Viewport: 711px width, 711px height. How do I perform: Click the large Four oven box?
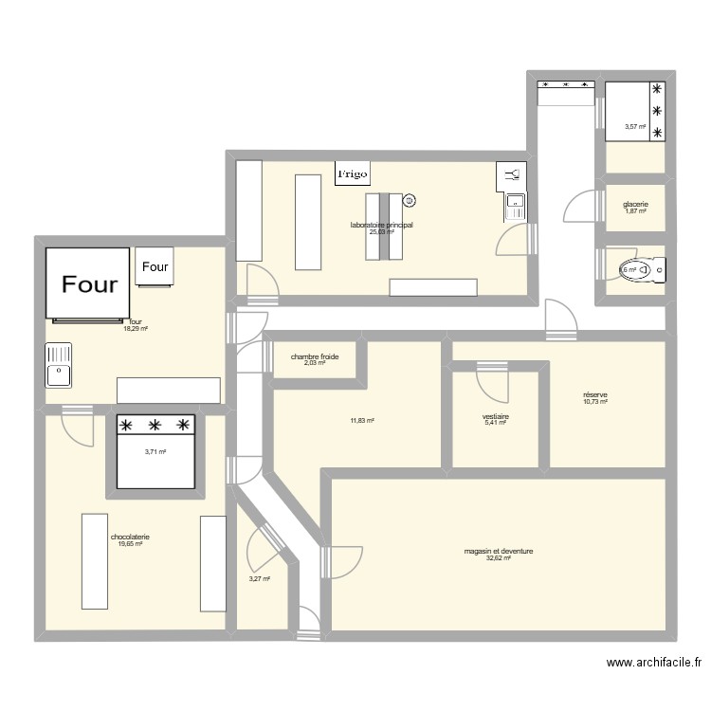[x=88, y=283]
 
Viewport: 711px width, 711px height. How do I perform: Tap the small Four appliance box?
[x=155, y=266]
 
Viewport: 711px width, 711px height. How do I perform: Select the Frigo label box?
[x=353, y=173]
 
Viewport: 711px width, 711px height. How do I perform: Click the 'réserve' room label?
[x=595, y=394]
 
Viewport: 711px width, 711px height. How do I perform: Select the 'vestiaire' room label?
[x=496, y=416]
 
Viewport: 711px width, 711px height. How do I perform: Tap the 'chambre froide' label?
[x=315, y=356]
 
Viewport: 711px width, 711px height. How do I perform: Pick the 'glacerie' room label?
[x=635, y=204]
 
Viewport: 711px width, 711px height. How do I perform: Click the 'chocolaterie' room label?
[x=130, y=537]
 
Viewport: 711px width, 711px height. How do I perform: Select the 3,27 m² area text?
[x=260, y=579]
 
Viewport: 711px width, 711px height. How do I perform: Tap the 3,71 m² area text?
[x=155, y=452]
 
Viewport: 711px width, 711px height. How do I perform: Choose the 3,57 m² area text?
[x=634, y=127]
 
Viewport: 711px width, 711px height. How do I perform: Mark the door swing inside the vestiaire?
[x=493, y=383]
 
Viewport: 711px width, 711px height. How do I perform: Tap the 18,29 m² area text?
[x=136, y=328]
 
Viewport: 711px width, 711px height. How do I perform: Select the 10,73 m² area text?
[x=595, y=402]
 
